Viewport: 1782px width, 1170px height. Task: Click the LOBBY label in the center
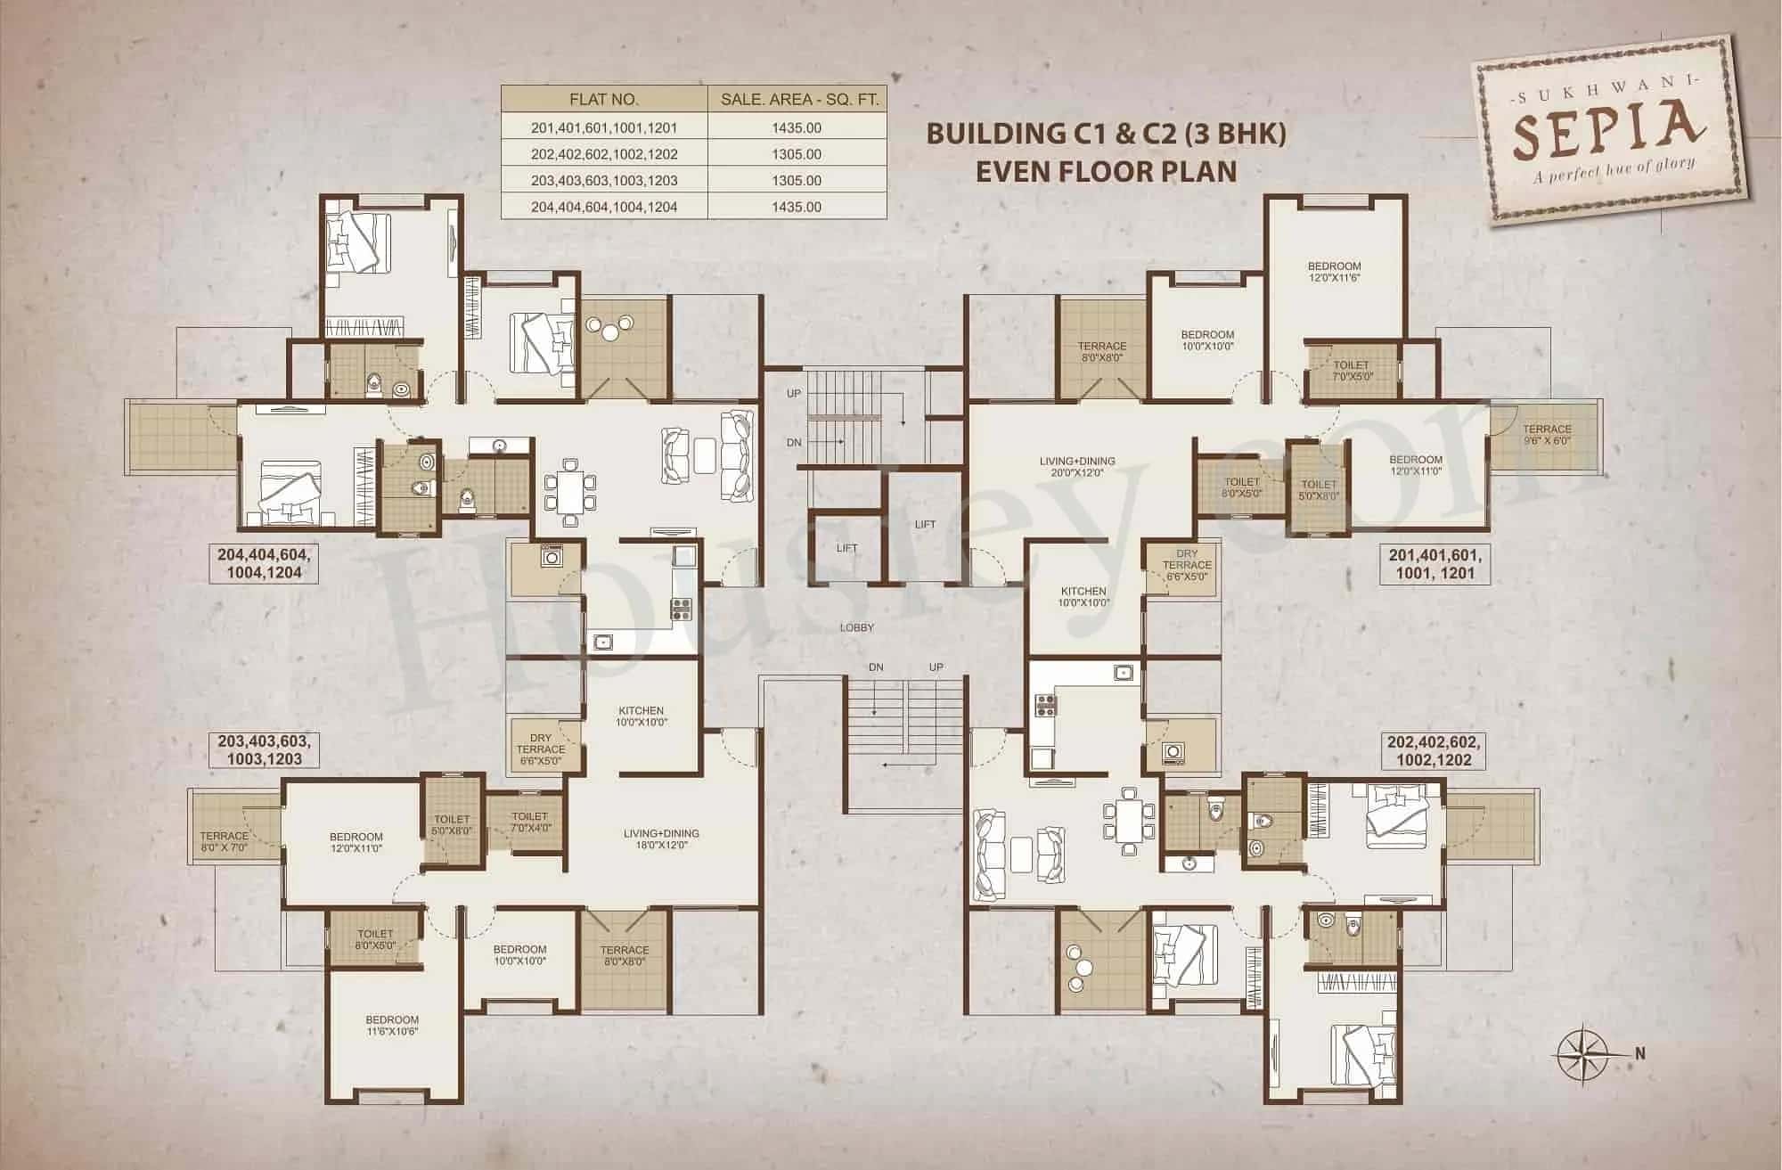(x=856, y=627)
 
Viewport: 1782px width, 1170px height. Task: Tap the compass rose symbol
(x=1582, y=1052)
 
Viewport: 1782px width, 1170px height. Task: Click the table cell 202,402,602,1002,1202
(x=604, y=154)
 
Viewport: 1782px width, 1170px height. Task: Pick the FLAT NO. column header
(x=604, y=100)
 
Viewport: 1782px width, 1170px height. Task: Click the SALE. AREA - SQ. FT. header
(x=798, y=100)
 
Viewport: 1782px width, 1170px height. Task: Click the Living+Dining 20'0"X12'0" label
(x=1077, y=467)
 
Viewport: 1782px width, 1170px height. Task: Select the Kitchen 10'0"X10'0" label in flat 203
(x=641, y=716)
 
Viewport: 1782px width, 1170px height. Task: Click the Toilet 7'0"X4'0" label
(x=529, y=822)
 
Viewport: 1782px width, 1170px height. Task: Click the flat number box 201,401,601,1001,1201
(x=1434, y=565)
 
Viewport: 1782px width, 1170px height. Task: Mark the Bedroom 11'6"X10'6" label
(x=391, y=1025)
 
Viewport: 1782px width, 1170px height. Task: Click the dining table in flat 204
(x=569, y=490)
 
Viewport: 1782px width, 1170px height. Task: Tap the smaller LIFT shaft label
(x=846, y=548)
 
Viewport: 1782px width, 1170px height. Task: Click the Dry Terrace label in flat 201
(x=1186, y=565)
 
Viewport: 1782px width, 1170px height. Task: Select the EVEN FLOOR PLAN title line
(x=1106, y=171)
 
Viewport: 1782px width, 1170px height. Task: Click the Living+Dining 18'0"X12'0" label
(x=660, y=839)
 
